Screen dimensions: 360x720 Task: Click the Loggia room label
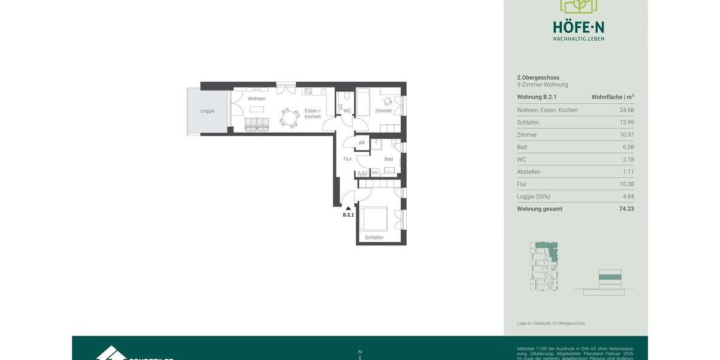click(207, 111)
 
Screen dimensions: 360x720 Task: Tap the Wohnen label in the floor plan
click(256, 99)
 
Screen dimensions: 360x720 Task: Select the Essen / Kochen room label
click(313, 113)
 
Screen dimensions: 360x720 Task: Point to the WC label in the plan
click(347, 111)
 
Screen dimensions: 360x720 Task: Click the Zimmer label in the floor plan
click(383, 111)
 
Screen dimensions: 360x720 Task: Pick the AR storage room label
click(361, 143)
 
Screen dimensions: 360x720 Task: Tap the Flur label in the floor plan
click(347, 159)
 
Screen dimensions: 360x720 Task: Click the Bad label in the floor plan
click(389, 159)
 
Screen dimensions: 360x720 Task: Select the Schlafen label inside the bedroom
click(374, 238)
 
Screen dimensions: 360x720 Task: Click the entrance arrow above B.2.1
click(348, 208)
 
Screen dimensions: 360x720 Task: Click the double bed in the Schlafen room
click(375, 218)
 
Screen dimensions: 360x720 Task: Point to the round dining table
click(289, 118)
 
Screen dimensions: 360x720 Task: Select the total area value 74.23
click(626, 209)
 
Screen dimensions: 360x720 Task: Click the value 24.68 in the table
click(626, 110)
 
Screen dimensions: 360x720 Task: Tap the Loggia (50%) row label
click(533, 196)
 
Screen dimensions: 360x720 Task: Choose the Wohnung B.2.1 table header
click(537, 97)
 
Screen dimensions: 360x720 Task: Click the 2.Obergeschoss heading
click(538, 77)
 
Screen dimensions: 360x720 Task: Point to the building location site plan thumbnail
click(544, 266)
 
